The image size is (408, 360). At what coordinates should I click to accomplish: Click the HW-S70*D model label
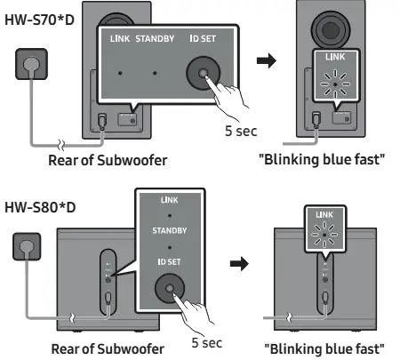(x=39, y=20)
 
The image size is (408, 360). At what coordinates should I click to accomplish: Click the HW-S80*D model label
(x=40, y=207)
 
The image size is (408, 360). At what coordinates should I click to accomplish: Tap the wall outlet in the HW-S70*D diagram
(x=31, y=64)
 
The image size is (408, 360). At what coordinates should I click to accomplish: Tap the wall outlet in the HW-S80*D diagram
(x=27, y=246)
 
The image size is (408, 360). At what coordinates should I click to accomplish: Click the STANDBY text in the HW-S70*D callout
(x=155, y=39)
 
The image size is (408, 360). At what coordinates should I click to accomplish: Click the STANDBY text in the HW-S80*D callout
(x=170, y=230)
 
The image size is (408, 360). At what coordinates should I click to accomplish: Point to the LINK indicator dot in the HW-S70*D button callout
(x=120, y=73)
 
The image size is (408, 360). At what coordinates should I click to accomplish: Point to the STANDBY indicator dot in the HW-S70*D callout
(x=155, y=73)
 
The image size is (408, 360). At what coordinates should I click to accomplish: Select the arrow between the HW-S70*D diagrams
(x=267, y=60)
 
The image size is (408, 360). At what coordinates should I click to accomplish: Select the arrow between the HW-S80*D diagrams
(x=239, y=263)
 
